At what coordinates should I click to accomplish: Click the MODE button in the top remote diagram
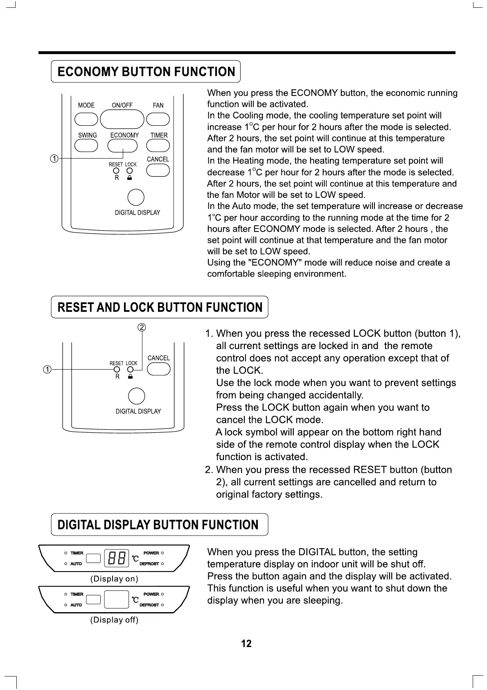pyautogui.click(x=86, y=119)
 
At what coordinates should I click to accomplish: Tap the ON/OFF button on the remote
pyautogui.click(x=122, y=119)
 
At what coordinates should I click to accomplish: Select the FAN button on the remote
pyautogui.click(x=158, y=119)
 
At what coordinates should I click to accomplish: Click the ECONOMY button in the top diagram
pyautogui.click(x=122, y=145)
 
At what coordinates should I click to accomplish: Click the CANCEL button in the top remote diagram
pyautogui.click(x=158, y=170)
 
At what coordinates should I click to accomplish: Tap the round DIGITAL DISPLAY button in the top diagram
pyautogui.click(x=136, y=197)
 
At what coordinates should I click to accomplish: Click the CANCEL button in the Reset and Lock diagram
pyautogui.click(x=158, y=369)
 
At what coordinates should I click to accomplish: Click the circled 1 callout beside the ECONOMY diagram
pyautogui.click(x=54, y=159)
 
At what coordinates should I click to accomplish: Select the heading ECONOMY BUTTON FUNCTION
pyautogui.click(x=146, y=72)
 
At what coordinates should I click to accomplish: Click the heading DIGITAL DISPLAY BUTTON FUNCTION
pyautogui.click(x=158, y=525)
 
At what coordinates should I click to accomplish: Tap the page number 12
pyautogui.click(x=246, y=643)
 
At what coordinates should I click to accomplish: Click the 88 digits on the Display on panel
pyautogui.click(x=116, y=558)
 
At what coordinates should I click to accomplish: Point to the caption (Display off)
pyautogui.click(x=114, y=620)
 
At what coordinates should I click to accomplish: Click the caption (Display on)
pyautogui.click(x=114, y=579)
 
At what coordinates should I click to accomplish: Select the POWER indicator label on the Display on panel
pyautogui.click(x=151, y=553)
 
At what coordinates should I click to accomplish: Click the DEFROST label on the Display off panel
pyautogui.click(x=149, y=605)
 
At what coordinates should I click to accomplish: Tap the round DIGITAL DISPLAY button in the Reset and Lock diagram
pyautogui.click(x=136, y=396)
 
